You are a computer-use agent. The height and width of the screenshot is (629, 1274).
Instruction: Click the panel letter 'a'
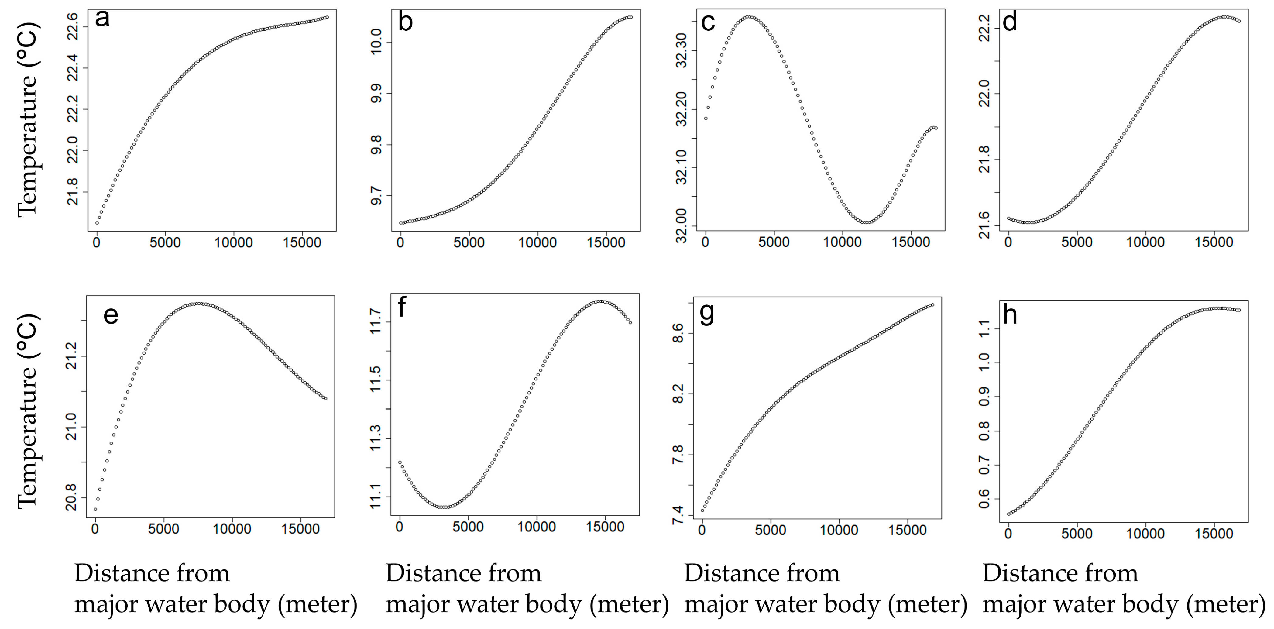[x=102, y=19]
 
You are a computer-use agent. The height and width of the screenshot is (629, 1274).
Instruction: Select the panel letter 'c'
[x=708, y=22]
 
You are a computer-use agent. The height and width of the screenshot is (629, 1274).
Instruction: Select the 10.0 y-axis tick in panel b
[x=376, y=42]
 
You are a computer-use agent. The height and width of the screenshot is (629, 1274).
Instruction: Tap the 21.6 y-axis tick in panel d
[x=985, y=225]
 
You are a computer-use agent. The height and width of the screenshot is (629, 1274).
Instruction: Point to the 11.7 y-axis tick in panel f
[x=376, y=321]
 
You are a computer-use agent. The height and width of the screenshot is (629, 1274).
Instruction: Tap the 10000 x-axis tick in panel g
[x=839, y=531]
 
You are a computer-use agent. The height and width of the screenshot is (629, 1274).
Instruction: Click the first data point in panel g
[x=702, y=510]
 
